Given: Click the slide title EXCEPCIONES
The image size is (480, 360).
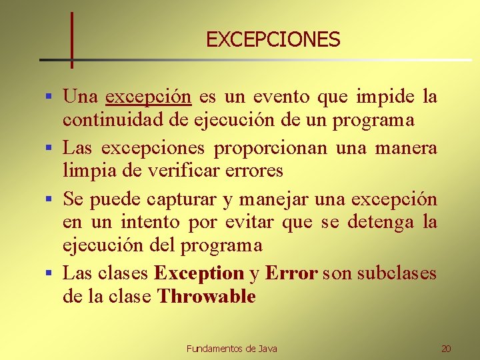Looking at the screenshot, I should pos(273,40).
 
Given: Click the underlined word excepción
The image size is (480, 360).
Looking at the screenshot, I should pos(148,97).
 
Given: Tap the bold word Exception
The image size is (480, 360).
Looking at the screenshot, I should pos(199,273).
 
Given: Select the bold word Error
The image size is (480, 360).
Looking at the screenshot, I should pos(291,273).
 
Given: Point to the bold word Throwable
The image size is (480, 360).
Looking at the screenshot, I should pos(206,297).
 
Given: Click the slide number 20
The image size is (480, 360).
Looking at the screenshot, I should pos(446,349).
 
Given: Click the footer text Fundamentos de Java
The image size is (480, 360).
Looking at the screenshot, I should pos(231,349).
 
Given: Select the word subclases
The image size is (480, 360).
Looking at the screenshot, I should pos(397,273).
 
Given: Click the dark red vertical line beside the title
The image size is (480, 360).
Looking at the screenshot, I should pos(71,40).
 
